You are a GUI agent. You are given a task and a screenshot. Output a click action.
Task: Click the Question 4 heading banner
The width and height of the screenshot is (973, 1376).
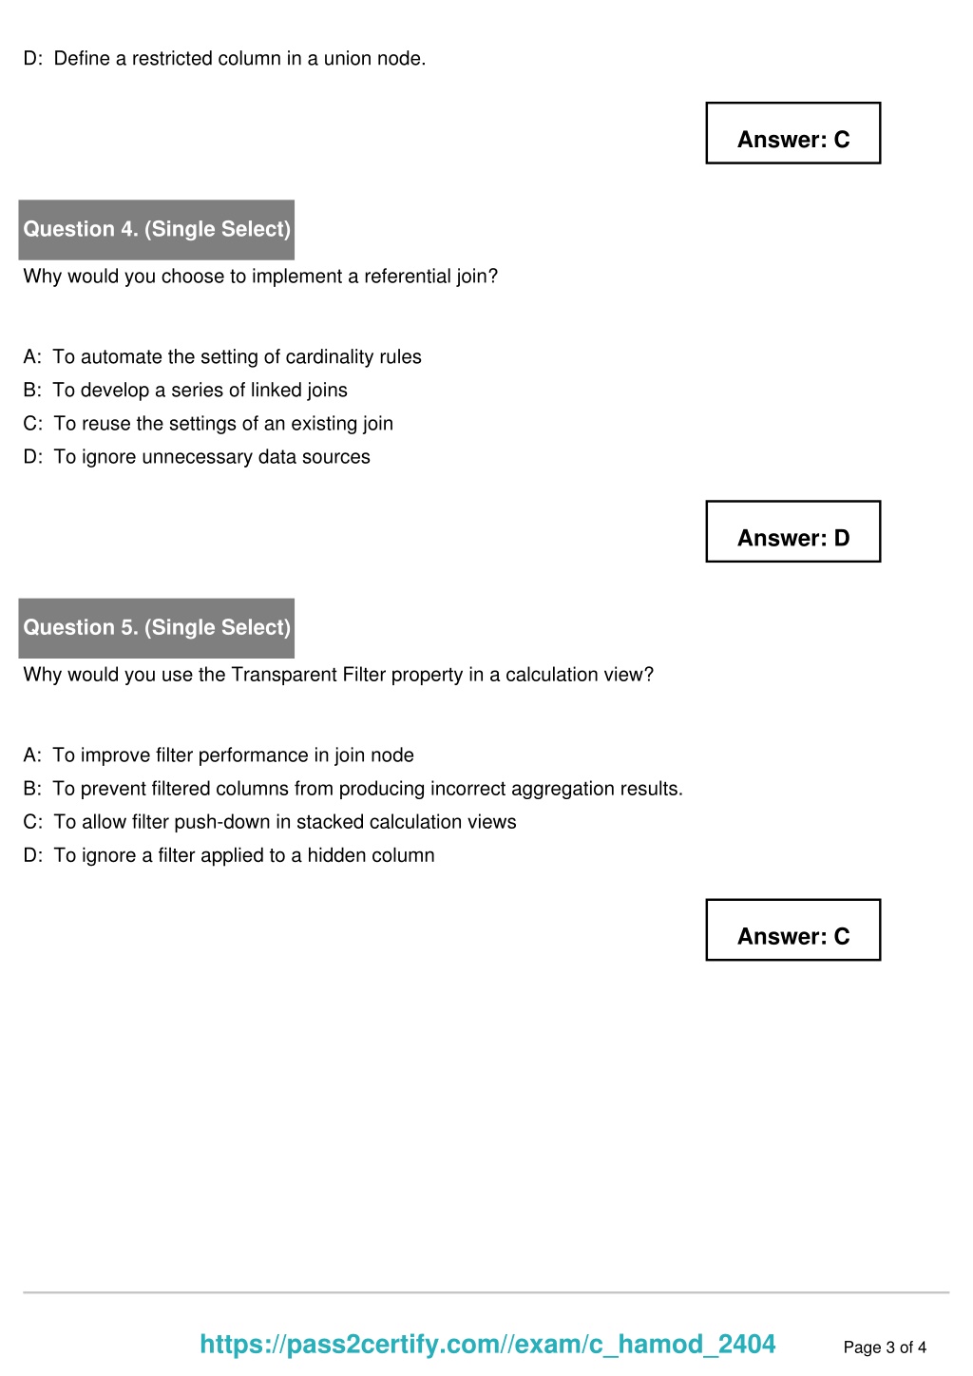click(x=157, y=229)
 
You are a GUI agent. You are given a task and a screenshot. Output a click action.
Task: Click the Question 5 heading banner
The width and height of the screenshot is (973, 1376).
click(x=157, y=627)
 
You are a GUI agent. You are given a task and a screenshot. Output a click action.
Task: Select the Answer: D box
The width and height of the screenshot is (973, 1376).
click(x=792, y=532)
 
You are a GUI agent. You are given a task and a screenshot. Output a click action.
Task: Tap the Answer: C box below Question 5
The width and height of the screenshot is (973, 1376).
click(x=792, y=930)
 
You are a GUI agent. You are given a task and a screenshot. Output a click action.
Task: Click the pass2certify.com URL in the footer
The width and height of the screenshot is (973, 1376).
click(x=487, y=1344)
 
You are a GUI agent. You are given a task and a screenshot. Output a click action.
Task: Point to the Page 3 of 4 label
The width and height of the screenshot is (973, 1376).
click(x=885, y=1347)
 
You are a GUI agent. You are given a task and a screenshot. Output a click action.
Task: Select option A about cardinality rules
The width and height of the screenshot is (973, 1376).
click(x=222, y=357)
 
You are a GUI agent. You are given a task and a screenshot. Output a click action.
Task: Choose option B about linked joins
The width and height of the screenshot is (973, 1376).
click(x=185, y=391)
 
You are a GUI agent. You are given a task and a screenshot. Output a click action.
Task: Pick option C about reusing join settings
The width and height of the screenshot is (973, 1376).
click(x=208, y=424)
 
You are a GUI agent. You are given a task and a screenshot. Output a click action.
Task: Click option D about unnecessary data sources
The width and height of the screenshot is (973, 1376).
click(x=197, y=457)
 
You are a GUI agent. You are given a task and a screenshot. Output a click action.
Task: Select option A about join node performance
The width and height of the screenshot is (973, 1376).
click(x=219, y=755)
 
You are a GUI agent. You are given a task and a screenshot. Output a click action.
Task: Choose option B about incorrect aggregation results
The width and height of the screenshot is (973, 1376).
click(x=353, y=789)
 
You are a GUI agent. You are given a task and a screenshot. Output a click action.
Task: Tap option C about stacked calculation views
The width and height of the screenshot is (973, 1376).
click(x=270, y=822)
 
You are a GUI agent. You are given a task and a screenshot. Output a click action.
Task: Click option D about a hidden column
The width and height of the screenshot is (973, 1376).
click(x=229, y=855)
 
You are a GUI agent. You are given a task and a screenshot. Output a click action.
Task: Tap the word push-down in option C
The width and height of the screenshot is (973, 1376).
click(x=222, y=822)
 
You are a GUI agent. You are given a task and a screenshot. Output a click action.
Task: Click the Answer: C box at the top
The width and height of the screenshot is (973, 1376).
click(x=792, y=134)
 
